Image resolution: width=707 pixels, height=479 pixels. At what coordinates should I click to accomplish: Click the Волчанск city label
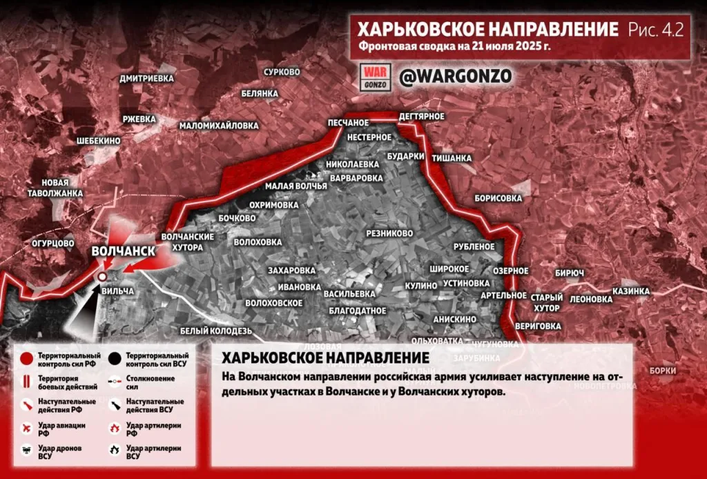click(124, 251)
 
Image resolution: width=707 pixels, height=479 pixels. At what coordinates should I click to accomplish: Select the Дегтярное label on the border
click(422, 116)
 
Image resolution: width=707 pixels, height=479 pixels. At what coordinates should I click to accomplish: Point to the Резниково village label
click(389, 234)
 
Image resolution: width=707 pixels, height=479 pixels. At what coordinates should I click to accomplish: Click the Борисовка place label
click(498, 198)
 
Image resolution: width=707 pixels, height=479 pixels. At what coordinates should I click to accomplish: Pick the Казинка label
click(631, 291)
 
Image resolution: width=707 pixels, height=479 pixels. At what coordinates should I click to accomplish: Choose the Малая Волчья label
click(296, 186)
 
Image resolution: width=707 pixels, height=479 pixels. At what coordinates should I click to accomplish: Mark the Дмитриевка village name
click(146, 79)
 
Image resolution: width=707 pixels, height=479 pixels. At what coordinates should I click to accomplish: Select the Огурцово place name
click(53, 243)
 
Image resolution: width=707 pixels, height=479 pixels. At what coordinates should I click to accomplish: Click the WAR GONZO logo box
click(376, 77)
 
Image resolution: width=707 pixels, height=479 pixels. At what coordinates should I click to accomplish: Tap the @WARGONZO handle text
click(455, 77)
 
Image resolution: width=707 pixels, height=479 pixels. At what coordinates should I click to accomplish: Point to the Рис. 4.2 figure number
click(655, 30)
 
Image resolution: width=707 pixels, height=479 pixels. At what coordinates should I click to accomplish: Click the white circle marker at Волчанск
click(102, 276)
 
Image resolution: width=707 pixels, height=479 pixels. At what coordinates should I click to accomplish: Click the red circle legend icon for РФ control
click(26, 358)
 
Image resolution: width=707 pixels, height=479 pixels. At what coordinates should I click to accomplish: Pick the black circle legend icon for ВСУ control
click(114, 358)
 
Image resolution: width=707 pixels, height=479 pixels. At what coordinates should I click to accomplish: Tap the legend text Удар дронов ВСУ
click(59, 452)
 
